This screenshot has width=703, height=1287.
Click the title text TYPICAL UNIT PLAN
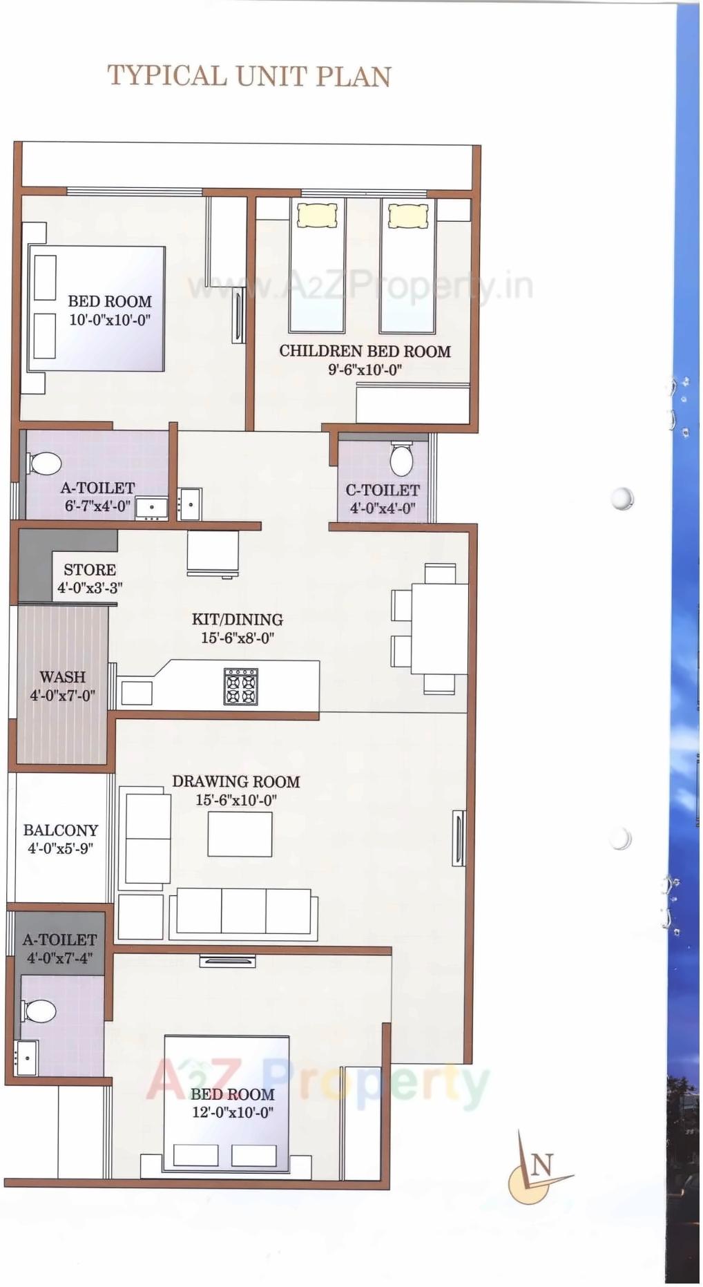point(249,77)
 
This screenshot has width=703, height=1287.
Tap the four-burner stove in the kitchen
point(240,686)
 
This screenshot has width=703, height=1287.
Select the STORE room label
point(90,570)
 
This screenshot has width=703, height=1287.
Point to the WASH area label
point(62,677)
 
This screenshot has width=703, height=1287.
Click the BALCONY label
point(61,830)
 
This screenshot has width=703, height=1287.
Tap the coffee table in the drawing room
point(240,834)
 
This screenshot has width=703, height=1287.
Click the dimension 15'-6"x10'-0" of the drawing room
point(236,800)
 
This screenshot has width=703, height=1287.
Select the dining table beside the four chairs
point(439,629)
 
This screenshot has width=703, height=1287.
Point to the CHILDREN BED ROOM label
point(365,351)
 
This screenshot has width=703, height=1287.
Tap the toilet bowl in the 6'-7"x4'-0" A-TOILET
point(46,463)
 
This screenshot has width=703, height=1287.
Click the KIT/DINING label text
point(238,620)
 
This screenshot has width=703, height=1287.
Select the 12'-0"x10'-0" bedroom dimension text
point(233,1112)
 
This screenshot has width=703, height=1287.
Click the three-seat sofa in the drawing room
point(244,912)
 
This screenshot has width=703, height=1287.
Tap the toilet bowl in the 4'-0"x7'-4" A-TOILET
point(40,1011)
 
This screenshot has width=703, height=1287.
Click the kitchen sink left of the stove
point(136,693)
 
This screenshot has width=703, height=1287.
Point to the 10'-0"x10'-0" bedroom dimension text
point(110,320)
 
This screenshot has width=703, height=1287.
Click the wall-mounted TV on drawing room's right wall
point(459,838)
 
